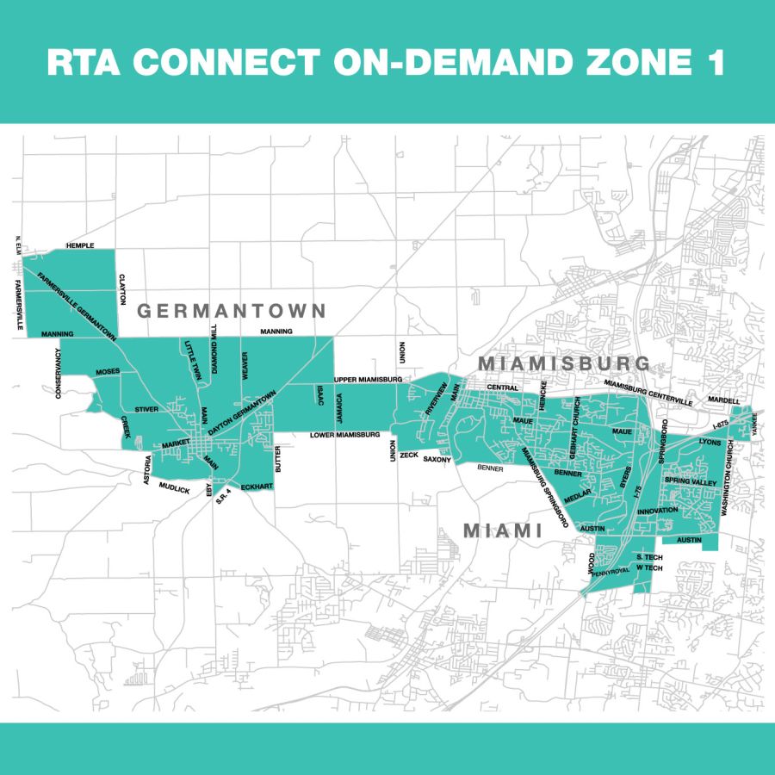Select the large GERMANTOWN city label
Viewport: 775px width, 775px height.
232,311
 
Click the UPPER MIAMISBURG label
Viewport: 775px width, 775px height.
368,379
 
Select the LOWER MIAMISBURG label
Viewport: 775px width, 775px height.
345,436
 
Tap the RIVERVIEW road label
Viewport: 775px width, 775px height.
437,398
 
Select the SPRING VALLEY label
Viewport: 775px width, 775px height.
690,483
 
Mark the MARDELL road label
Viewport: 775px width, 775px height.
723,400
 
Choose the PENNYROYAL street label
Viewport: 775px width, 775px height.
611,569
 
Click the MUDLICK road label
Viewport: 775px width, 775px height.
172,489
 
